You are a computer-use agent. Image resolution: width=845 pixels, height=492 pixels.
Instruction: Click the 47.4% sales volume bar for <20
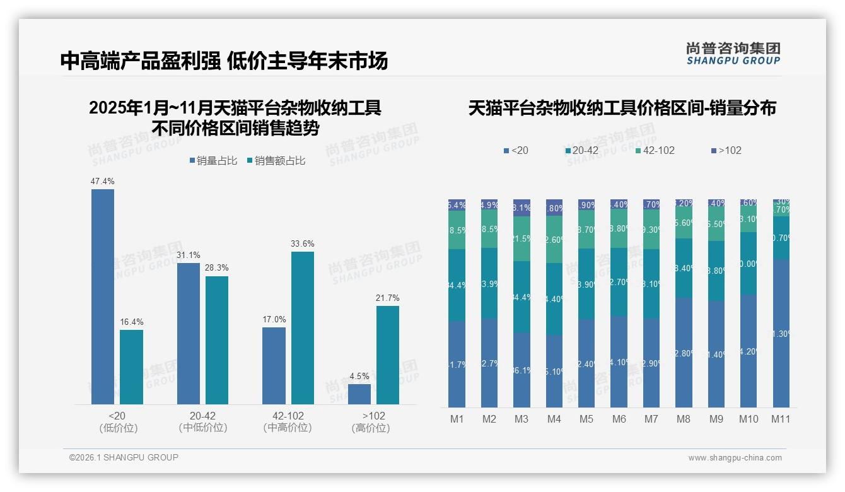point(103,296)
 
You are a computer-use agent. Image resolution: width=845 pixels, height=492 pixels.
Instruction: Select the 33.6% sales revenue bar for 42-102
point(302,328)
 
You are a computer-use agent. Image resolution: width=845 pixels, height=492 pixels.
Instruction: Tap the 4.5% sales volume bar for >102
point(359,394)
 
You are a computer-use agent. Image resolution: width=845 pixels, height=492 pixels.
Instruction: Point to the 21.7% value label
point(387,298)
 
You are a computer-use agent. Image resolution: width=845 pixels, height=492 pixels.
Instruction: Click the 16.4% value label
point(131,322)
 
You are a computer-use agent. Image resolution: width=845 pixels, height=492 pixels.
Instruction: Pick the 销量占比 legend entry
point(213,161)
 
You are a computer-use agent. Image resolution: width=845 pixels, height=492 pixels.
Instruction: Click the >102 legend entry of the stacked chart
point(726,151)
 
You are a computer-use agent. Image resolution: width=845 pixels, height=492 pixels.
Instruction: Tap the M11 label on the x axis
point(781,419)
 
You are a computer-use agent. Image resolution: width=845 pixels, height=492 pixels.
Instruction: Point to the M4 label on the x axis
point(554,419)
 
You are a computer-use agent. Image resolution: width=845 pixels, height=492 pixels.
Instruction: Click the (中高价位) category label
point(288,428)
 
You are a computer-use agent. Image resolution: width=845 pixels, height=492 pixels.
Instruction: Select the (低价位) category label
point(118,428)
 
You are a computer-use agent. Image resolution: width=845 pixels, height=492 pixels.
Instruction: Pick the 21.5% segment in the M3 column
point(522,238)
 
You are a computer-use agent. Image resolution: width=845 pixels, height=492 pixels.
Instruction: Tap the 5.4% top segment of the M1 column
point(457,205)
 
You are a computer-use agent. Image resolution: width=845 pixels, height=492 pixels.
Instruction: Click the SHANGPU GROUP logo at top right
point(733,54)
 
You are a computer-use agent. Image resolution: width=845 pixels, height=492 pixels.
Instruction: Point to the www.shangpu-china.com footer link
point(735,458)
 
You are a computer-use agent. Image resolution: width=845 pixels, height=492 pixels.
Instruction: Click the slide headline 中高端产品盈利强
point(140,61)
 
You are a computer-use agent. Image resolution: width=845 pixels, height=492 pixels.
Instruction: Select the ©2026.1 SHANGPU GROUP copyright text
point(124,457)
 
